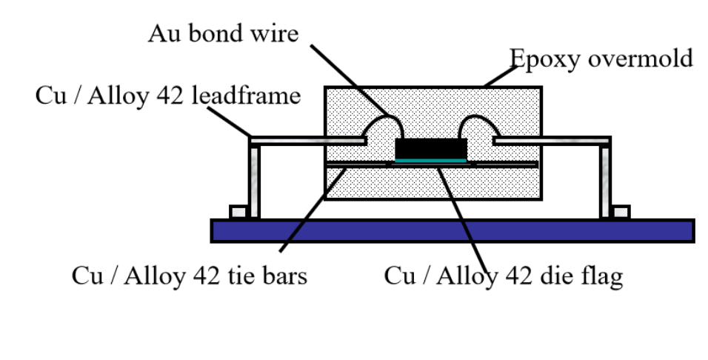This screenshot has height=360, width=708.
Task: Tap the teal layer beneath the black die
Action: coord(431,159)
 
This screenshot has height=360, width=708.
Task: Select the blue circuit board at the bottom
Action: coord(452,230)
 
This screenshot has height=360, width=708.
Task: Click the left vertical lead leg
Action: coord(254,181)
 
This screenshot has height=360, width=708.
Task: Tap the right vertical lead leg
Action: coord(605,181)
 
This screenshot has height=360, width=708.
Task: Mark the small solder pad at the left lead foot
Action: coord(237,213)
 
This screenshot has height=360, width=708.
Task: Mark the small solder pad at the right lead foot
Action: coord(622,213)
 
